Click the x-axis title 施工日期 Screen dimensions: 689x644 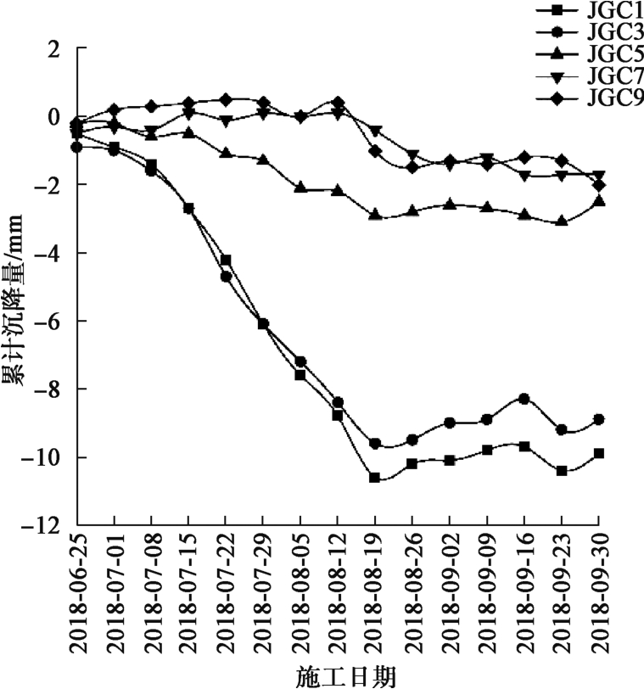tap(345, 676)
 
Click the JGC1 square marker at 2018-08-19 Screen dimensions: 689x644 tap(374, 478)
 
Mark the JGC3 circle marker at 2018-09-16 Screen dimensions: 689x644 tap(524, 399)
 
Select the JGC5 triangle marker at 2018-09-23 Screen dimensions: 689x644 tap(562, 221)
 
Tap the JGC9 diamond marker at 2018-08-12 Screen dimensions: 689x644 tap(338, 103)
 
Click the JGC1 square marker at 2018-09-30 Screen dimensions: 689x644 tap(599, 453)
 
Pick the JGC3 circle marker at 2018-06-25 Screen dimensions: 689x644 tap(77, 147)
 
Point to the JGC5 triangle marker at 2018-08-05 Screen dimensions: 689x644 tap(300, 188)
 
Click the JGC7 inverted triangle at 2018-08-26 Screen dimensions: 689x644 tap(412, 156)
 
